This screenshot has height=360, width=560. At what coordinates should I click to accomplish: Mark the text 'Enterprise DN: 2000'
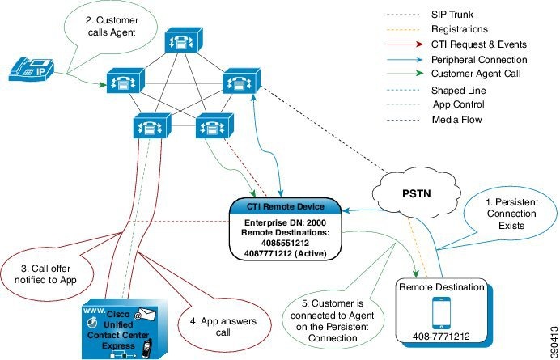click(286, 221)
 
